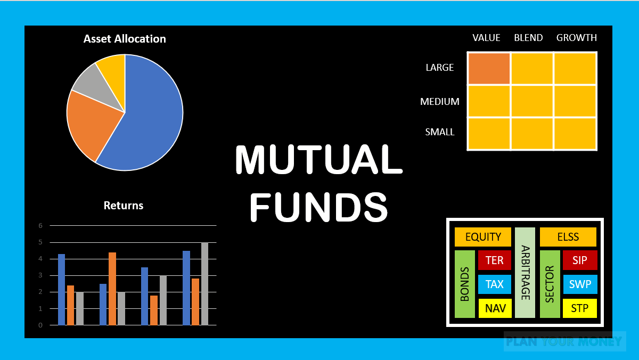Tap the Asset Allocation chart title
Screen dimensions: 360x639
click(125, 39)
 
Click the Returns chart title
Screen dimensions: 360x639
click(124, 206)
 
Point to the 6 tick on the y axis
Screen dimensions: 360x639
click(40, 225)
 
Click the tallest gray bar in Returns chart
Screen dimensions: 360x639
click(204, 283)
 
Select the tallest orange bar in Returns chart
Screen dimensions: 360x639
click(112, 288)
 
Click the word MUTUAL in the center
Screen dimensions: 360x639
click(318, 160)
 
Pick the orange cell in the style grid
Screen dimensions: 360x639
click(489, 68)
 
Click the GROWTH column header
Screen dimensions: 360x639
click(577, 38)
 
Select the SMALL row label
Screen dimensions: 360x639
click(440, 132)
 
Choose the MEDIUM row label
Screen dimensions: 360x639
click(440, 101)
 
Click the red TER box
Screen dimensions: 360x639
click(495, 260)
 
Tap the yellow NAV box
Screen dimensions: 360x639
click(495, 308)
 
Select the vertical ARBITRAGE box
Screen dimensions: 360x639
click(525, 273)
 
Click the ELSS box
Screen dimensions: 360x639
click(568, 237)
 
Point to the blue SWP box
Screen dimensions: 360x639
click(580, 284)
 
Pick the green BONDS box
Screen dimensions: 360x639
click(465, 284)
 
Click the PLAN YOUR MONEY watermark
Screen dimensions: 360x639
click(564, 341)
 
